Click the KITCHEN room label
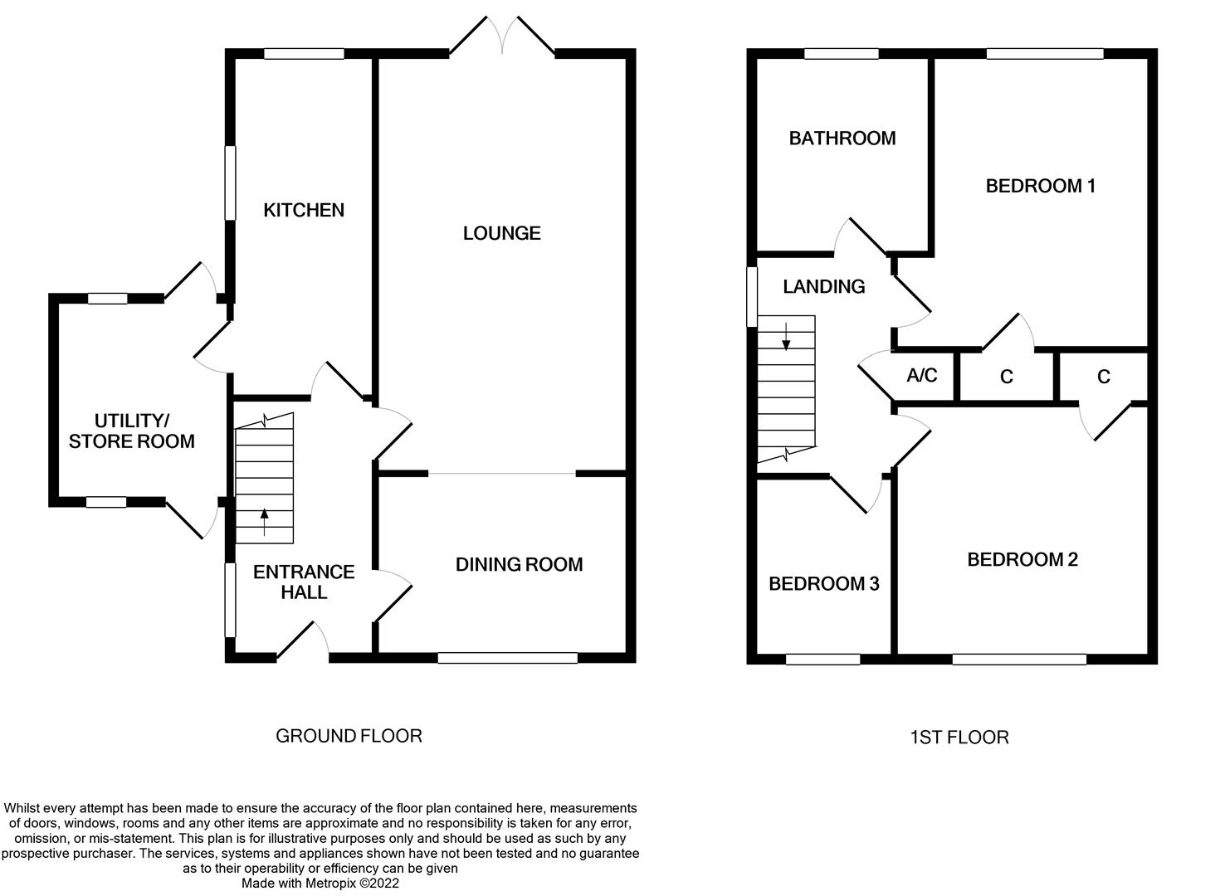304,210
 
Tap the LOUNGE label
501,233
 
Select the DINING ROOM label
519,564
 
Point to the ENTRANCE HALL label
304,582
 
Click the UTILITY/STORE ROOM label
131,431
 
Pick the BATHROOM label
842,138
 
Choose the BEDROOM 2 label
1022,559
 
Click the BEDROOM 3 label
823,584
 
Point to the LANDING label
823,286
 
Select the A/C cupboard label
921,376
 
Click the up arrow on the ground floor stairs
265,519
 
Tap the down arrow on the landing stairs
786,335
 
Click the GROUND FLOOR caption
349,736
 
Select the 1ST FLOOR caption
959,738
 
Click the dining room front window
507,658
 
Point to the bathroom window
841,54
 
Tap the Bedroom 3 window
822,660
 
